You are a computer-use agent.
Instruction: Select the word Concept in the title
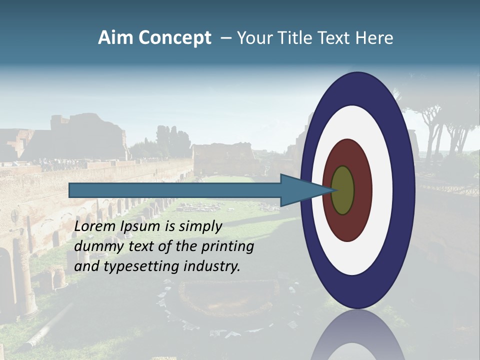pos(174,38)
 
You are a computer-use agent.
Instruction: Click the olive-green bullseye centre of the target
pos(342,190)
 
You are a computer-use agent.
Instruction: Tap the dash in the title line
pos(225,38)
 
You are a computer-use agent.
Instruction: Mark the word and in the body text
pos(86,266)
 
